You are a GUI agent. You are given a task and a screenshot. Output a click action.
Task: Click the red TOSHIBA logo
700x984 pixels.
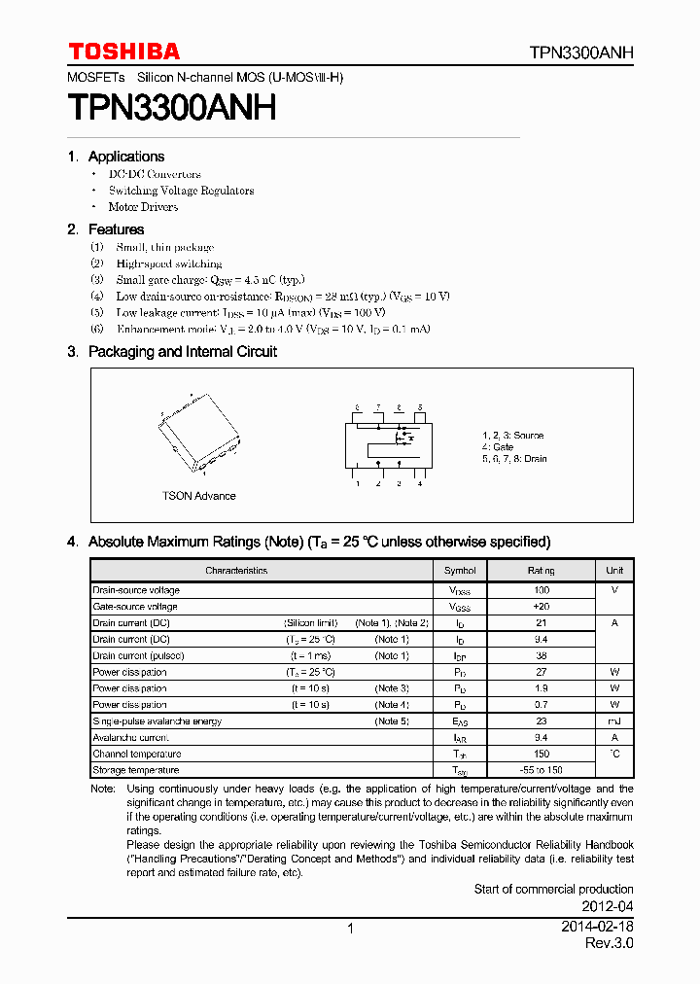tap(123, 52)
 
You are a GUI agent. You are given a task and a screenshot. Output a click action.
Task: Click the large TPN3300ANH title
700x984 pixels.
tap(172, 107)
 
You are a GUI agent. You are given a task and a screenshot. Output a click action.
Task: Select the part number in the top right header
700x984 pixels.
tap(581, 53)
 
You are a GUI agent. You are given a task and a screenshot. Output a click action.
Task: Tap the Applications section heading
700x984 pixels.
tap(125, 157)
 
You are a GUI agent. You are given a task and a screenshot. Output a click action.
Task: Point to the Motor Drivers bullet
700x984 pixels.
tap(143, 207)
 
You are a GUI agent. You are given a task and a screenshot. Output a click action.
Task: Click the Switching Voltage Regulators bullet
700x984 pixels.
tap(181, 191)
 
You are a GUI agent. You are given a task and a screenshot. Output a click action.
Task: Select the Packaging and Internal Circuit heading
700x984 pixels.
tap(182, 352)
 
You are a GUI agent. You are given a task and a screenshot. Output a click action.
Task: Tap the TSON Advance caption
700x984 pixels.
tap(198, 496)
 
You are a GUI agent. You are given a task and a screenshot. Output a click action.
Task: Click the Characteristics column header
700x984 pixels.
tap(236, 571)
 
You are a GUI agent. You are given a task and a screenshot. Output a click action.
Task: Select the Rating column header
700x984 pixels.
tap(542, 571)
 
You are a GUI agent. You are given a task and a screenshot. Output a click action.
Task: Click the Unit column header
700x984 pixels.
tap(614, 571)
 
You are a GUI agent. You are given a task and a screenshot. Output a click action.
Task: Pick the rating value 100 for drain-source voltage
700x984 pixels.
tap(542, 590)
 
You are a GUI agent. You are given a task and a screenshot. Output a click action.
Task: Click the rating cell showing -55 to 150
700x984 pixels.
tap(542, 770)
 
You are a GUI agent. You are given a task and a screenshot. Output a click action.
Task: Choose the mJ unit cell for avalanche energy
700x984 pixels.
tap(614, 721)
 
